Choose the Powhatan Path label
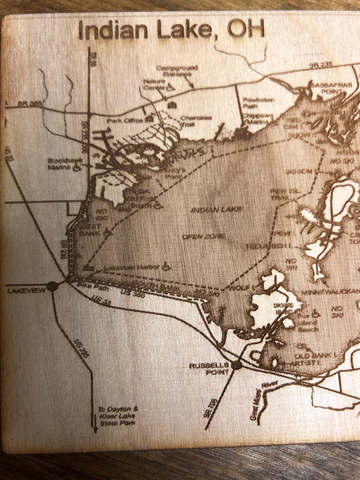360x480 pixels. [254, 102]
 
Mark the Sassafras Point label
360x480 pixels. [326, 87]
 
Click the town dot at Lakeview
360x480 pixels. [52, 285]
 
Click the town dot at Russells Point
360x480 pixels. [236, 364]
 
